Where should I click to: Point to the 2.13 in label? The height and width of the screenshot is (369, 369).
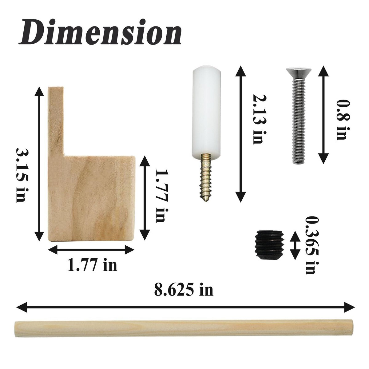point(258,119)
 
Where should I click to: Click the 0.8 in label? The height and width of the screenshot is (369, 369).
point(342,120)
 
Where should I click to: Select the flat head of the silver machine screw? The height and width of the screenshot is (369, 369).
point(299,72)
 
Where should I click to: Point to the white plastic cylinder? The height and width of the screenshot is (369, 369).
point(206,111)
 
